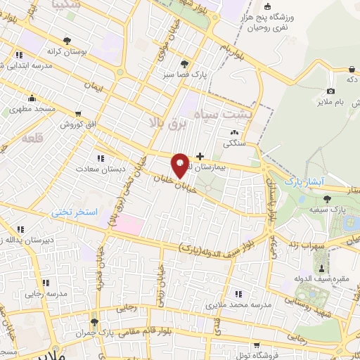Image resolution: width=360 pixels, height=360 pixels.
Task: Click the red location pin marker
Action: pyautogui.click(x=180, y=165)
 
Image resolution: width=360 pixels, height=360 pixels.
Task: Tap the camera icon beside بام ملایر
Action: pyautogui.click(x=331, y=91)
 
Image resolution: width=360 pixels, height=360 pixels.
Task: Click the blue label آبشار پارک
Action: pyautogui.click(x=302, y=181)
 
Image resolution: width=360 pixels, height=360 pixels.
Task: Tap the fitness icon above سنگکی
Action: pyautogui.click(x=233, y=131)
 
